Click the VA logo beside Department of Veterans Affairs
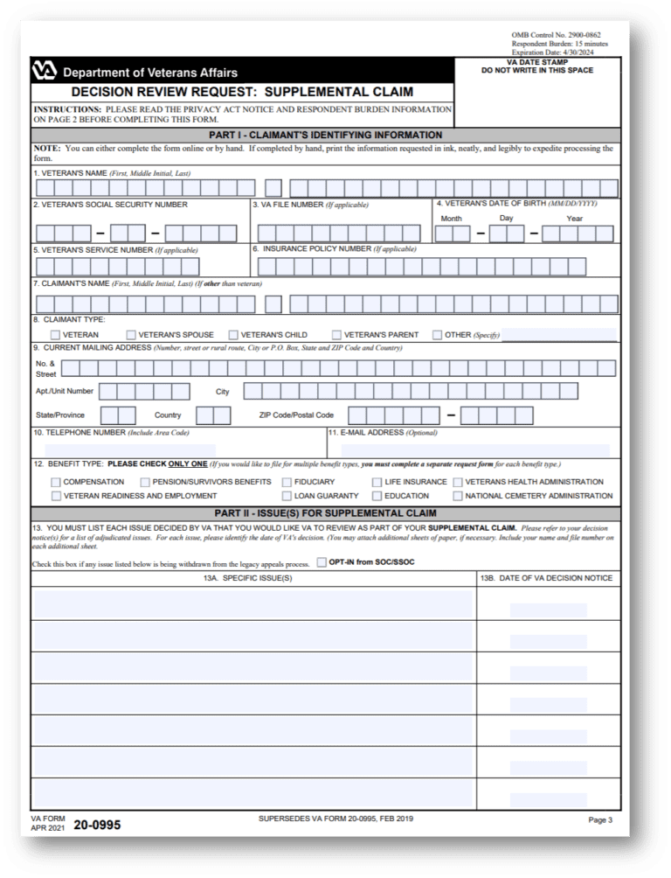click(45, 72)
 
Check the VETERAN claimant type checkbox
click(56, 335)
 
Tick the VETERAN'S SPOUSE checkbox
click(131, 335)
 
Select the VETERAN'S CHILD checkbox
click(233, 335)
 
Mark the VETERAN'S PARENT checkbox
click(336, 335)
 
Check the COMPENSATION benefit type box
click(56, 482)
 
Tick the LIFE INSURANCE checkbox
click(377, 482)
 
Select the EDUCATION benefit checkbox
click(377, 496)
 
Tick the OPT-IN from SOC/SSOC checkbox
click(322, 561)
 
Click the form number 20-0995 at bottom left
click(97, 824)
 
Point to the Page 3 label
click(600, 820)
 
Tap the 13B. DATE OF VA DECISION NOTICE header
click(548, 578)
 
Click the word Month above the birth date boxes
click(452, 219)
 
